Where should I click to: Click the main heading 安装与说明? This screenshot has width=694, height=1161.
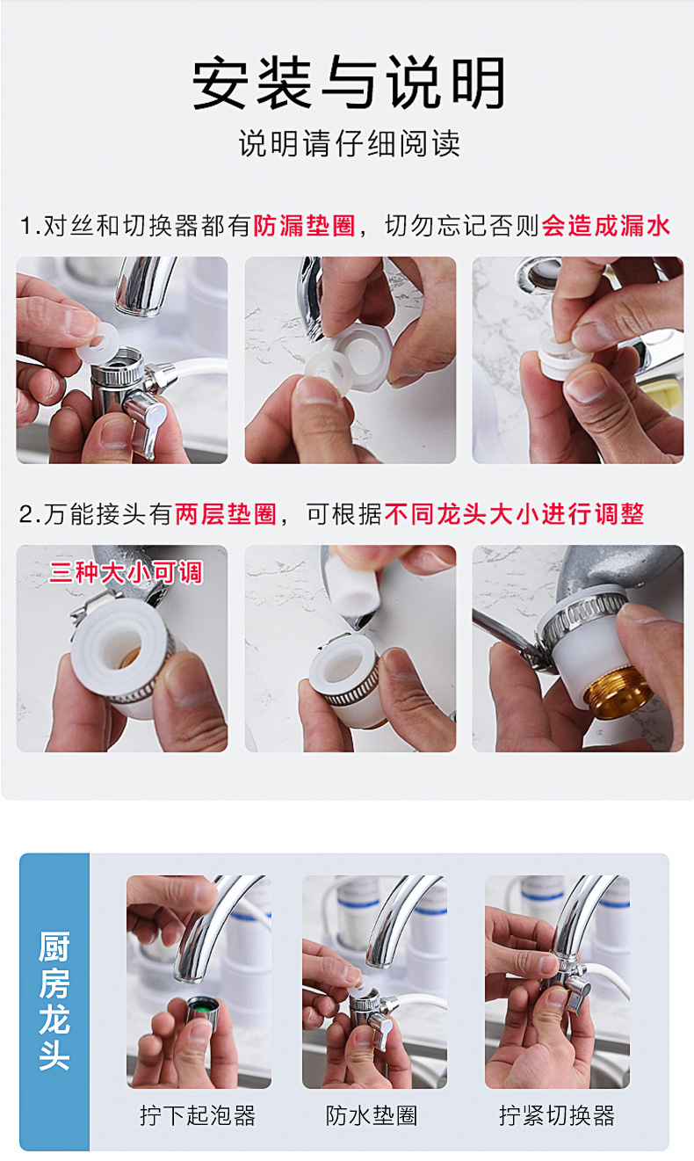click(x=348, y=83)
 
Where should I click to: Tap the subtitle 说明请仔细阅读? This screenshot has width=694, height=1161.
click(x=349, y=143)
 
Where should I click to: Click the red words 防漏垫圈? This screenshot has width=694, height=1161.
click(x=304, y=226)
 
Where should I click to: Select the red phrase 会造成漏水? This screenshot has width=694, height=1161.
click(x=606, y=226)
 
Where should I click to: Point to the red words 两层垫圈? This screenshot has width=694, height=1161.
click(x=226, y=514)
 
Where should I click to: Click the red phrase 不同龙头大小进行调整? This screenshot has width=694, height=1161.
click(x=514, y=514)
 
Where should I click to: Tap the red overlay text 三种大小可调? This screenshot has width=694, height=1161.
click(x=126, y=573)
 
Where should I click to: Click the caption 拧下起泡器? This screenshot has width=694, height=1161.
click(x=198, y=1115)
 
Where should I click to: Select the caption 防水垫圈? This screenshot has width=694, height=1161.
click(x=372, y=1115)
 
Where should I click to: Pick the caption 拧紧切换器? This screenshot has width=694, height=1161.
click(x=557, y=1115)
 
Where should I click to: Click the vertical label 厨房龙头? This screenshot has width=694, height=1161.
click(x=54, y=1001)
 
